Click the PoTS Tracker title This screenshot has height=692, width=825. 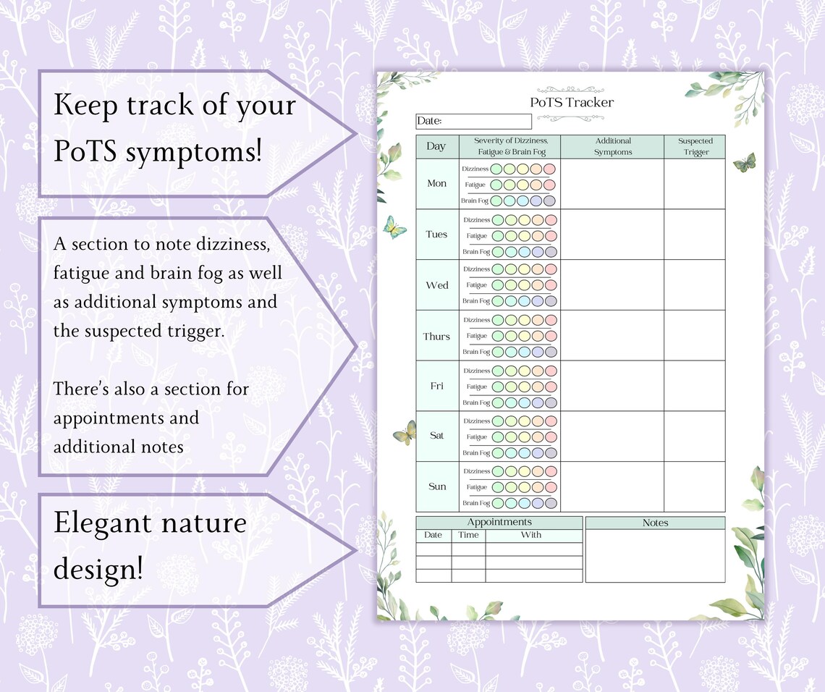tap(572, 102)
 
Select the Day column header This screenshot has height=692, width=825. tap(436, 146)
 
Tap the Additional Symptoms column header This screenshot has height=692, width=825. tap(613, 146)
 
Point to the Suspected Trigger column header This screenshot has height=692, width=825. tap(695, 146)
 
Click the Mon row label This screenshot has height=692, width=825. tap(436, 183)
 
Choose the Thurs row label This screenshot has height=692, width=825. tap(436, 336)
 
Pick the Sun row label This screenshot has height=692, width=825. tap(436, 486)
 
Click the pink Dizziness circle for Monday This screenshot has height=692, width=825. tap(550, 169)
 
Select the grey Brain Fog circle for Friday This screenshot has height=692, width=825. tap(550, 403)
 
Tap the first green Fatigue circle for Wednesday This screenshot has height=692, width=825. tap(496, 285)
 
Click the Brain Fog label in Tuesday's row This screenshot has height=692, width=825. tap(476, 252)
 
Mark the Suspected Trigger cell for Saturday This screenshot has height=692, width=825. tap(695, 436)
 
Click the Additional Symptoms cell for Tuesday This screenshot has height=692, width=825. tap(613, 235)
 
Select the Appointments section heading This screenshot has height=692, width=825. tap(499, 522)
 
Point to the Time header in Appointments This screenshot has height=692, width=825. tap(468, 535)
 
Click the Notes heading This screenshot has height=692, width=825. tap(655, 523)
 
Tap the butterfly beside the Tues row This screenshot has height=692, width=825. tap(394, 227)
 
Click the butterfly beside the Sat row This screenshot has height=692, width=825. tap(405, 433)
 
